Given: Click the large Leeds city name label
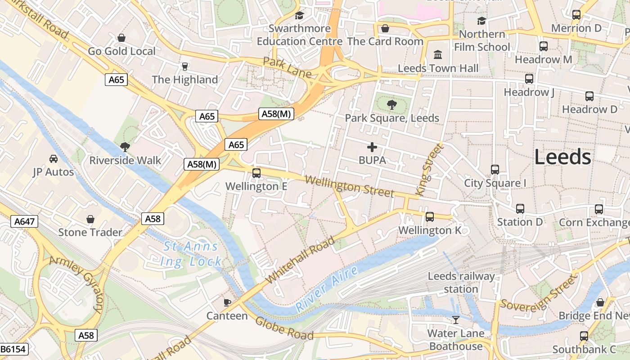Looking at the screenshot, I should tap(562, 157).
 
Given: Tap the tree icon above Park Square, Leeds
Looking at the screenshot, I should tap(392, 105).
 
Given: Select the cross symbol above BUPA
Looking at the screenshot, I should tap(372, 147).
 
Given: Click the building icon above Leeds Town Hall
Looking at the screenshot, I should tap(437, 55).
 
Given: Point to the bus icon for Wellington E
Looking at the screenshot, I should tap(256, 173).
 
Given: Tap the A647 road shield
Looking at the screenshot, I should tap(24, 221).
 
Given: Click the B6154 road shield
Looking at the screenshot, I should tap(13, 349).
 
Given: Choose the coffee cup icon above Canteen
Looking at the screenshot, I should tap(227, 302).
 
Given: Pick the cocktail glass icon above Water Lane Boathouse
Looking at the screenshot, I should tap(456, 320).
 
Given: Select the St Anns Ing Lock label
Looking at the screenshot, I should tap(191, 254).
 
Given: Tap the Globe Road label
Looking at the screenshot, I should tap(284, 328).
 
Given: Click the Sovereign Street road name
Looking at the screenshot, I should tap(539, 293).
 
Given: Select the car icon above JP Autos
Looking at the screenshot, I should tap(54, 159).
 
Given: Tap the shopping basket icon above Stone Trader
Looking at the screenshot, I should tap(90, 219).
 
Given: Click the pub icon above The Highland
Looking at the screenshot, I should tap(184, 67).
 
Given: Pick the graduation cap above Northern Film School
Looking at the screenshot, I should tap(481, 21).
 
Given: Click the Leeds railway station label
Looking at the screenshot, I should tap(461, 283).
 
